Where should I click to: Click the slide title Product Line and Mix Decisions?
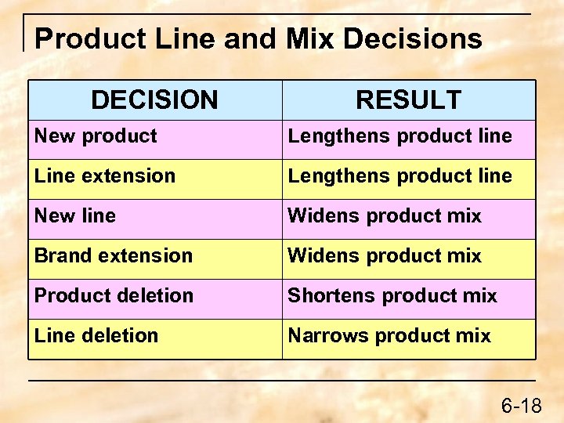point(258,38)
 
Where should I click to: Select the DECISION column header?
point(154,100)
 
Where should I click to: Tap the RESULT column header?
point(408,100)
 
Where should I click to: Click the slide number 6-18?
point(521,406)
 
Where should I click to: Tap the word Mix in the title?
point(308,38)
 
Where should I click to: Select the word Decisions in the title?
point(413,38)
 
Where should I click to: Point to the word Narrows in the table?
point(321,336)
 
